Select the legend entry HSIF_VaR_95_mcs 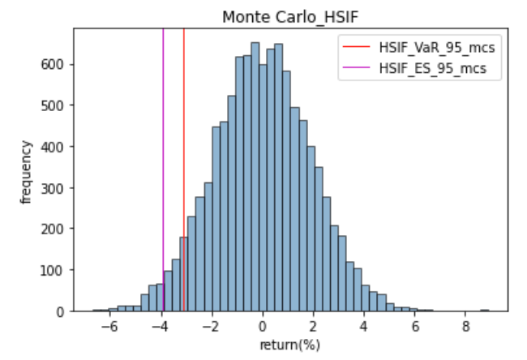click(436, 48)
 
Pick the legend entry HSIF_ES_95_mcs click(432, 68)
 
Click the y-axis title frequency click(27, 171)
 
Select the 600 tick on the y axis click(56, 64)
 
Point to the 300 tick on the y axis click(56, 187)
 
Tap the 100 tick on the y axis click(56, 270)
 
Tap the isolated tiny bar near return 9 click(485, 310)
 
